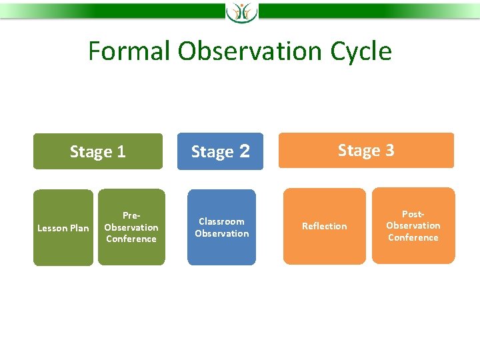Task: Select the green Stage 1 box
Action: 97,151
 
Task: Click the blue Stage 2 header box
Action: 221,151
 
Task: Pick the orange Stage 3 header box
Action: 366,150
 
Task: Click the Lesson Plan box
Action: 63,228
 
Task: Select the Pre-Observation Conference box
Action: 131,227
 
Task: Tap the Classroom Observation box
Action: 221,227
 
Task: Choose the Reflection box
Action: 325,226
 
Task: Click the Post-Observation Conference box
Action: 413,225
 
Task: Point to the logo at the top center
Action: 241,11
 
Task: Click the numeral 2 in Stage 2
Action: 245,151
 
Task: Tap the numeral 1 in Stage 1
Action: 121,152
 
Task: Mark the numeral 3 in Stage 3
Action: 389,150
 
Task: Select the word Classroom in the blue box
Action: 221,221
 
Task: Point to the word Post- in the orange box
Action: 413,214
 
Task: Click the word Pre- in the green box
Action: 131,215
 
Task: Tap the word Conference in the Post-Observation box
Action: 413,237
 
